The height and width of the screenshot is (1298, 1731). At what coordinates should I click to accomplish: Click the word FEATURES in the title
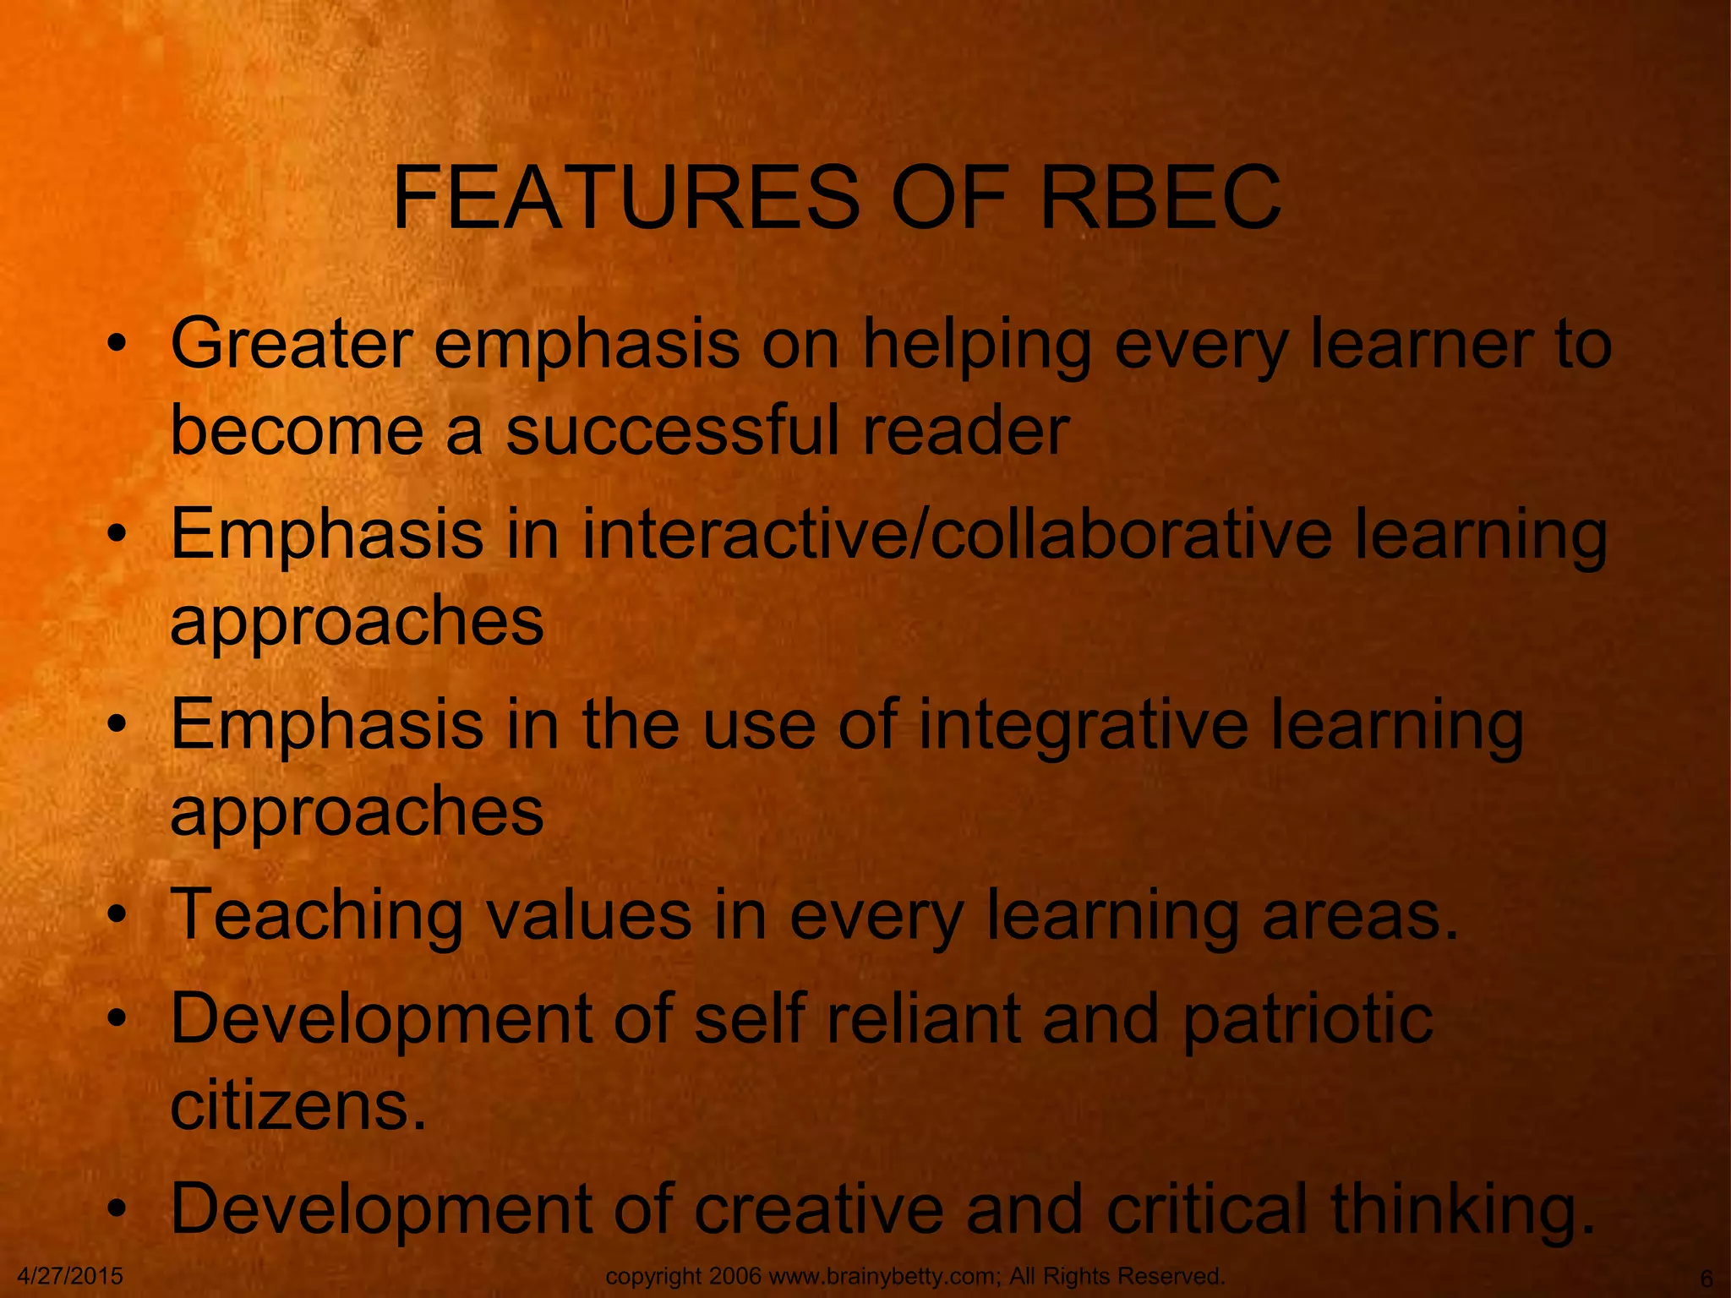pyautogui.click(x=626, y=199)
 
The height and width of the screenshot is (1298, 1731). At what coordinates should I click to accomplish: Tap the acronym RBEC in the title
pyautogui.click(x=1160, y=199)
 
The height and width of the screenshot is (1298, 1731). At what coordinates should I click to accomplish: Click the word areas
pyautogui.click(x=1360, y=916)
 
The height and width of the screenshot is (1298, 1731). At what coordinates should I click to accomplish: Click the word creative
pyautogui.click(x=819, y=1208)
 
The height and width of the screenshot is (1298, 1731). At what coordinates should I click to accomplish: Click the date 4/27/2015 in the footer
pyautogui.click(x=70, y=1276)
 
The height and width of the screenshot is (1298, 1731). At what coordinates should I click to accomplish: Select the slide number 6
pyautogui.click(x=1706, y=1278)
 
